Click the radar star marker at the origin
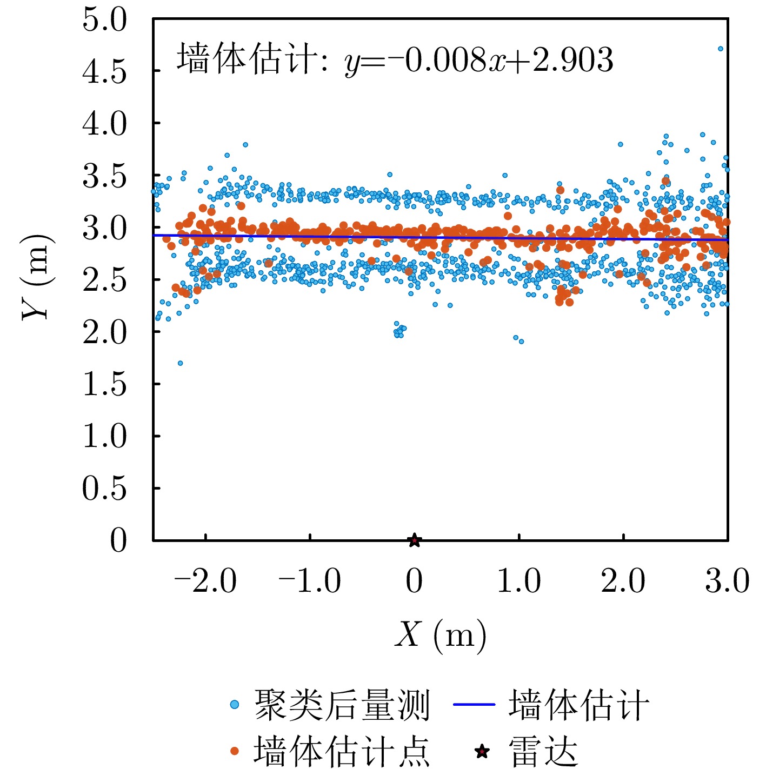414,540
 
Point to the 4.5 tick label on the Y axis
104,72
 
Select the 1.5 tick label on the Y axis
104,385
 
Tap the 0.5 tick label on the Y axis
104,489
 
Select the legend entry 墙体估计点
342,751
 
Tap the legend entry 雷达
543,751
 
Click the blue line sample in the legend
474,705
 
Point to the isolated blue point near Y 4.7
720,49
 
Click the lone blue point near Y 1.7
180,363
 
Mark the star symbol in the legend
482,751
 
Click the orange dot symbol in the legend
234,751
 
